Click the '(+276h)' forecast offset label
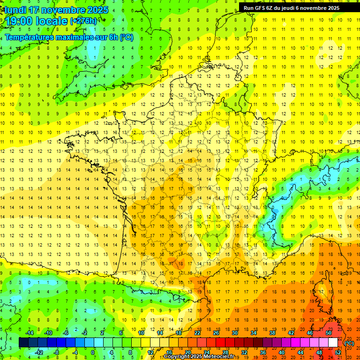pos(83,21)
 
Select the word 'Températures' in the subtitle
pos(29,37)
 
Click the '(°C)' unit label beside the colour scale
pos(349,343)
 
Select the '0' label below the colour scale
pos(93,352)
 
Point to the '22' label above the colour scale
pos(197,333)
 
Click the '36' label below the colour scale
pos(263,352)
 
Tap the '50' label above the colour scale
pos(329,333)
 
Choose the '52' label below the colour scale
pos(337,352)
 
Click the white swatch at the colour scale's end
pos(333,343)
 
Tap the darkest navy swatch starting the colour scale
pos(23,343)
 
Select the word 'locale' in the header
pos(52,21)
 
